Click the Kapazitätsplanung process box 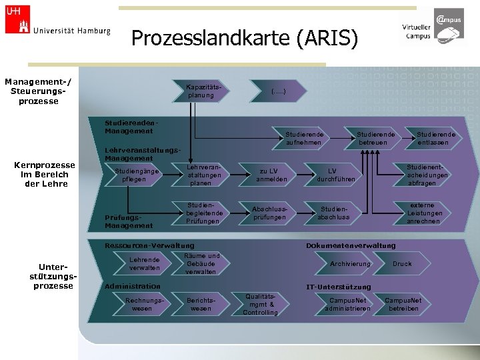(201, 91)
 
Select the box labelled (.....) (278, 91)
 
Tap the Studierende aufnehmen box (305, 138)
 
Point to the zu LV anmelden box (272, 175)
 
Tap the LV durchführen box (336, 175)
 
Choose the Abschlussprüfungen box (269, 213)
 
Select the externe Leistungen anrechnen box (423, 213)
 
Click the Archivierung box (351, 264)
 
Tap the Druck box (402, 264)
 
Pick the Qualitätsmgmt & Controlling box (261, 304)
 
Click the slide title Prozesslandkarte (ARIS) (245, 38)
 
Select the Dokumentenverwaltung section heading (351, 246)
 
